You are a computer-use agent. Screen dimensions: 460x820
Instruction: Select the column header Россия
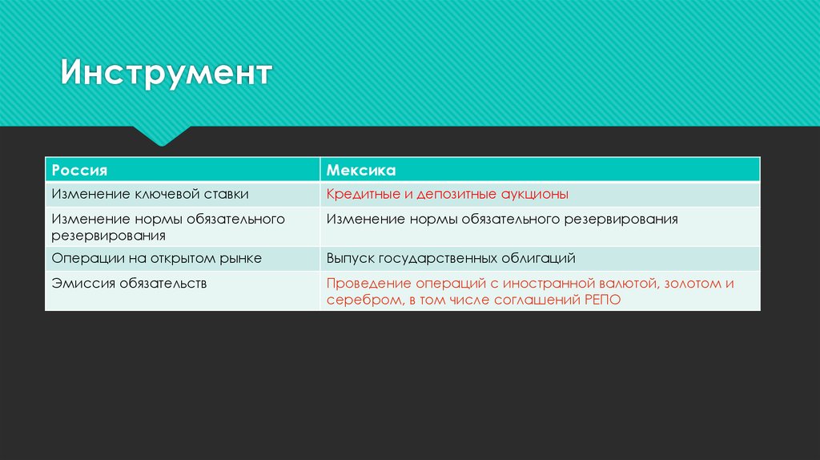79,171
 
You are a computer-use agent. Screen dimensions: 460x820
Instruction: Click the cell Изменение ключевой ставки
150,194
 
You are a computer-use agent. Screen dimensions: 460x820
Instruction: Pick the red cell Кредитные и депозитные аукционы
447,194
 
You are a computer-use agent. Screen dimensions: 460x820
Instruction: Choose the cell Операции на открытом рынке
156,259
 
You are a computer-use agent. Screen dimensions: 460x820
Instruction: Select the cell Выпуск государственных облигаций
450,259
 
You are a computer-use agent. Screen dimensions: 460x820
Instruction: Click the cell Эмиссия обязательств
129,283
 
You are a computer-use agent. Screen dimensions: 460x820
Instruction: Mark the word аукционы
537,194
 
